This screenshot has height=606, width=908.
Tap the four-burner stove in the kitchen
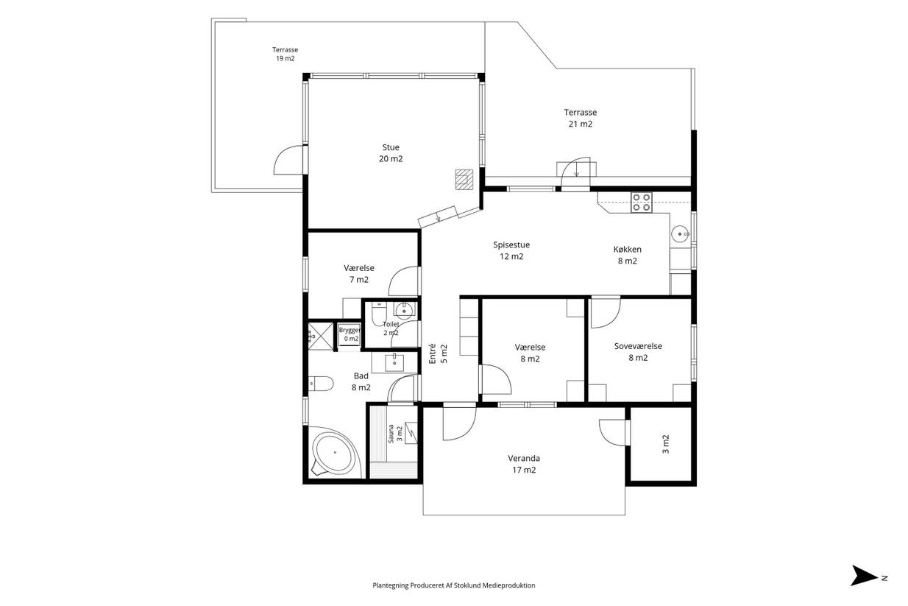pos(642,202)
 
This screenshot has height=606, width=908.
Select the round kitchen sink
pos(680,234)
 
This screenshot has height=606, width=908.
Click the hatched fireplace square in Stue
pos(464,180)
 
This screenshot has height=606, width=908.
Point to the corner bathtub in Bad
pos(336,452)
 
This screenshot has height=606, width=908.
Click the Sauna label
pos(391,434)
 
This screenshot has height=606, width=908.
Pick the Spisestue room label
pos(511,245)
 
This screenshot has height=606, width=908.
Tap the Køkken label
pos(627,250)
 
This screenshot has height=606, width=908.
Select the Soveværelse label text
pos(638,346)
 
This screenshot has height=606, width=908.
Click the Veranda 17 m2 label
pos(524,464)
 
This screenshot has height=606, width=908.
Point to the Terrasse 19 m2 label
pos(285,54)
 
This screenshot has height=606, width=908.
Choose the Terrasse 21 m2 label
pos(580,118)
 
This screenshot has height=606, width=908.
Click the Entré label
pos(432,353)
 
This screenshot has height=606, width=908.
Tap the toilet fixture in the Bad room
pos(321,384)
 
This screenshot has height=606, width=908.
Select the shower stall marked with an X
pos(321,337)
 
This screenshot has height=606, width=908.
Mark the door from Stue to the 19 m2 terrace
pos(288,161)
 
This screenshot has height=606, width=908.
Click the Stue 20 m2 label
pos(391,153)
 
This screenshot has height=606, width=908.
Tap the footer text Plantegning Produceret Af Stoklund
pos(453,585)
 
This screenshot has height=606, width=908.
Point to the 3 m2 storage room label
pos(665,444)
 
